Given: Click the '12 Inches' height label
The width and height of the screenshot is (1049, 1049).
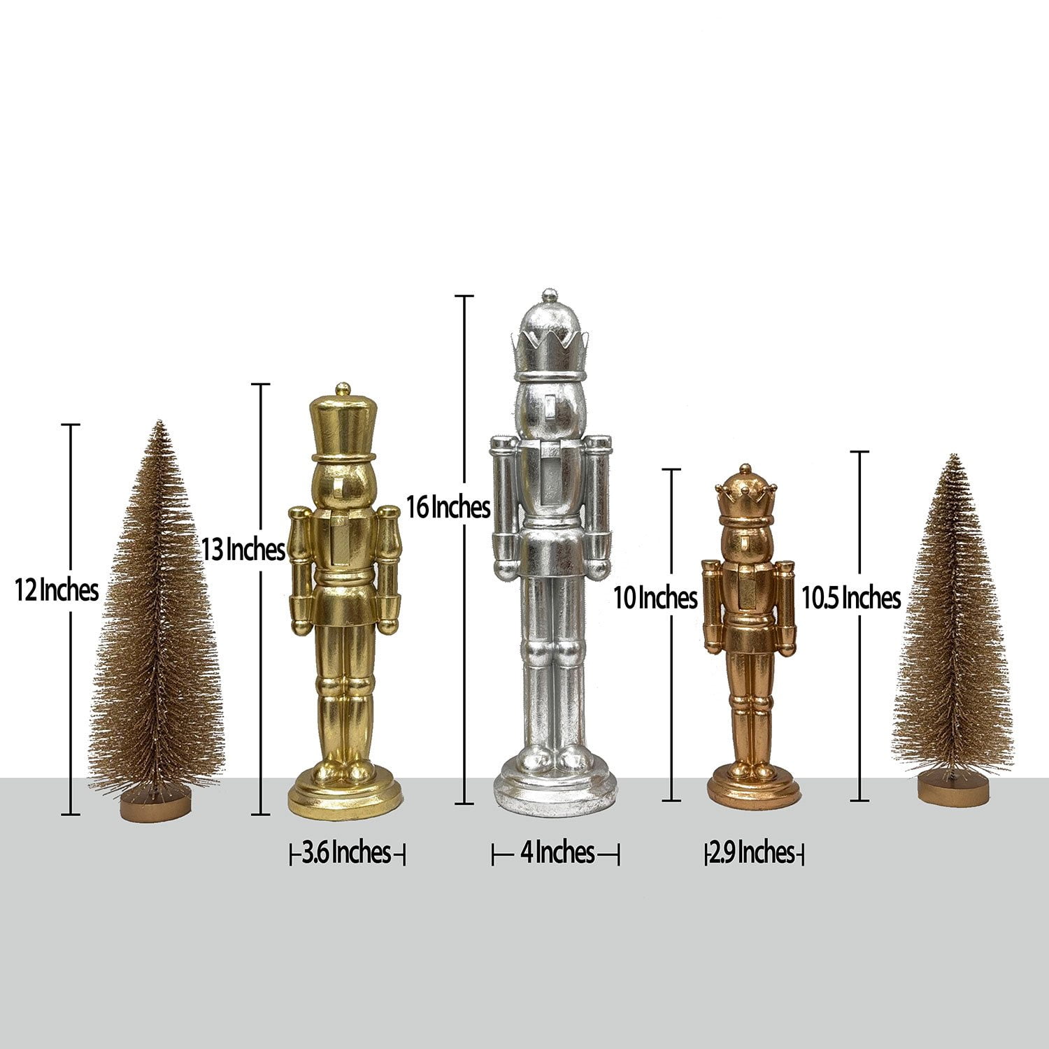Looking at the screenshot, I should pos(57,591).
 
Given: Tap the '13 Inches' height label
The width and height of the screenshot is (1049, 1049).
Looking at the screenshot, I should pos(243,550).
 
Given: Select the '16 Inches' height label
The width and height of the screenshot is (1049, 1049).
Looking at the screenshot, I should pos(448,507).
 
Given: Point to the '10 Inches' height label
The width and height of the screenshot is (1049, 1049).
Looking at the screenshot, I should pos(655,598).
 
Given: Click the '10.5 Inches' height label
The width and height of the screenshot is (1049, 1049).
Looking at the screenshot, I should pos(850,598).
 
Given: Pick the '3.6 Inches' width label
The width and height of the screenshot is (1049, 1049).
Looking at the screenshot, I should pos(347,853).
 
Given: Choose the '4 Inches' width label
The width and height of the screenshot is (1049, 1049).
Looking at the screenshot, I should pos(557,852).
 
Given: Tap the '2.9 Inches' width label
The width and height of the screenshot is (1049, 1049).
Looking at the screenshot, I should pos(752,853).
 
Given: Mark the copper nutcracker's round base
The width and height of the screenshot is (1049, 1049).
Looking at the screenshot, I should pos(753,790).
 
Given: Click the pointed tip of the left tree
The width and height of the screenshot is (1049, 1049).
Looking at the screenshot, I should pos(161,424).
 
